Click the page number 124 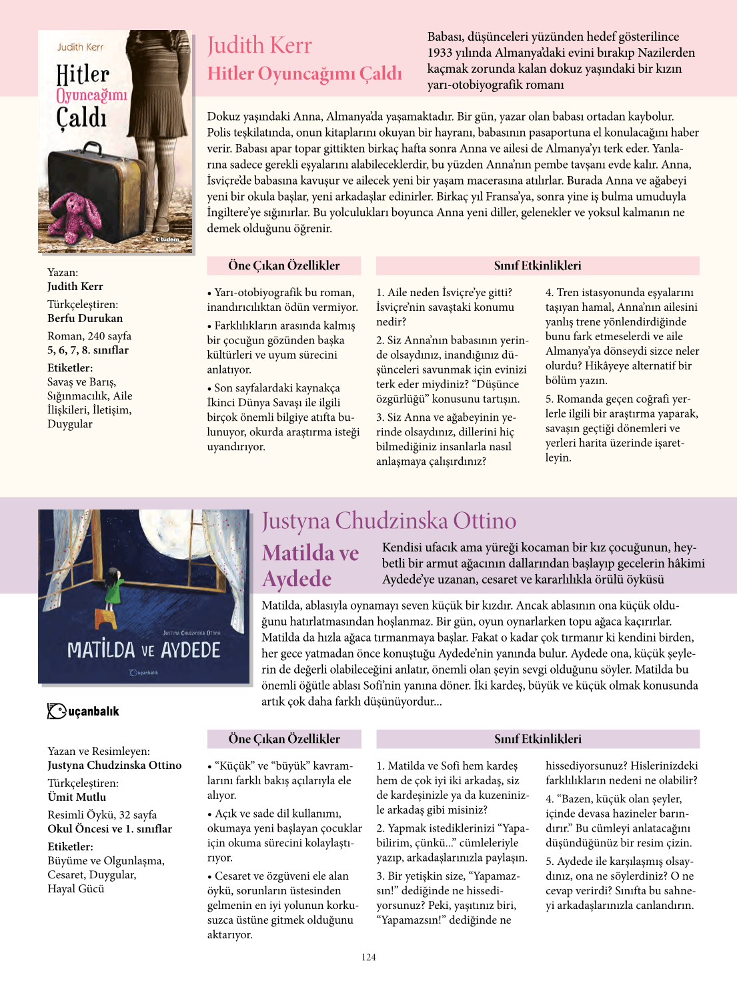click(369, 957)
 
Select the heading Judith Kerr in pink click(259, 45)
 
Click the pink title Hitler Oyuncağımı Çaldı click(305, 73)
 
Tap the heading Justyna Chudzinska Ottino click(389, 521)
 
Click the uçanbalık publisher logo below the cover click(83, 711)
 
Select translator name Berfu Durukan click(85, 318)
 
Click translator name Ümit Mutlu click(77, 797)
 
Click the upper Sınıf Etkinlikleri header click(538, 265)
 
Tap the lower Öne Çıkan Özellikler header click(284, 739)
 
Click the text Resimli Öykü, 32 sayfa click(102, 814)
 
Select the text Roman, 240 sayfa click(89, 336)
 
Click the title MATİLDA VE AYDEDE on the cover click(143, 650)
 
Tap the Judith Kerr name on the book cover click(80, 47)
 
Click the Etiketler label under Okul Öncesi click(70, 846)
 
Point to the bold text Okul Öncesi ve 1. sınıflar click(109, 829)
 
